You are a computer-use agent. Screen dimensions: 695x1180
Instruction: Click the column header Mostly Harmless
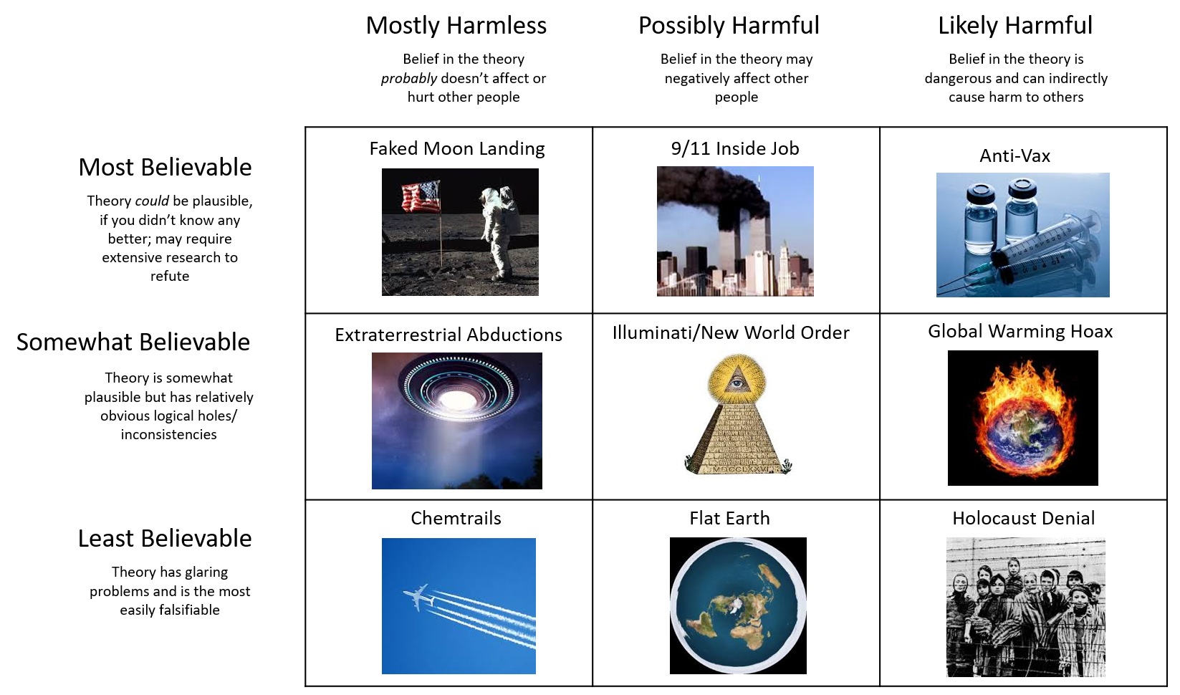click(456, 26)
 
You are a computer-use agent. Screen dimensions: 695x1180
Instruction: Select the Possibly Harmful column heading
click(729, 26)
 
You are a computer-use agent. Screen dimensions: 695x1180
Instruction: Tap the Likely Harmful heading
click(1015, 26)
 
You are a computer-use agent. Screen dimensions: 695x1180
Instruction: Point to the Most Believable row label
click(165, 168)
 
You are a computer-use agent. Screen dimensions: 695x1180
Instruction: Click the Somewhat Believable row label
click(133, 342)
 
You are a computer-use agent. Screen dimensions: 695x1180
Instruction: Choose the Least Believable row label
click(165, 539)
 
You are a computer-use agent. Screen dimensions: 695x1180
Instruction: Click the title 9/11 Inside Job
click(735, 148)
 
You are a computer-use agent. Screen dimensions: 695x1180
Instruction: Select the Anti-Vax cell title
click(1014, 156)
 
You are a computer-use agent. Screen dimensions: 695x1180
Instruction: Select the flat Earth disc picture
click(738, 606)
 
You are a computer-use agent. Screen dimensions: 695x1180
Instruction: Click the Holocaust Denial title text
click(1023, 519)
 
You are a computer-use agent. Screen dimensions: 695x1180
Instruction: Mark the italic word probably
click(409, 78)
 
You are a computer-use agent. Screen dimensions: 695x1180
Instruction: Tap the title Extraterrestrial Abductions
click(449, 335)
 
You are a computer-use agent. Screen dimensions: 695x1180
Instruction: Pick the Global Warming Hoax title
click(1020, 332)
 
